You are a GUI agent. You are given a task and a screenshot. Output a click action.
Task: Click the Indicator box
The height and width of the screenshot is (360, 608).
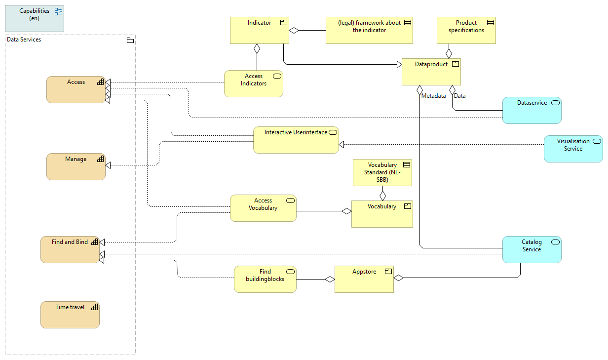(260, 31)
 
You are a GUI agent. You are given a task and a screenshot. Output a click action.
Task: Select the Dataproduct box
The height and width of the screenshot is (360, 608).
(431, 72)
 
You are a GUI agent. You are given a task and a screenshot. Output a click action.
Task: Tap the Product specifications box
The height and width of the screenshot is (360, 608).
(466, 31)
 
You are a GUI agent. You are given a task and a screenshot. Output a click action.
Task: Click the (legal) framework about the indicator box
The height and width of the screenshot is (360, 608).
(369, 31)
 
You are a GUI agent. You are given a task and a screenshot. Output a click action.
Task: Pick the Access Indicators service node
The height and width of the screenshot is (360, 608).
(253, 83)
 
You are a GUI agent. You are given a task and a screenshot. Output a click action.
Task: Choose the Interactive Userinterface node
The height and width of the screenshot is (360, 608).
(296, 140)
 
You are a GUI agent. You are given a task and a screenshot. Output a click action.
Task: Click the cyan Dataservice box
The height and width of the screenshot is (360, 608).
(532, 110)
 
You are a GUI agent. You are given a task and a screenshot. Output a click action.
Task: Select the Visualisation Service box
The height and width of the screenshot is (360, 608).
(573, 149)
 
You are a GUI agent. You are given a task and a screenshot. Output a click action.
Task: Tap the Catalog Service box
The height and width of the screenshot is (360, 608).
(532, 249)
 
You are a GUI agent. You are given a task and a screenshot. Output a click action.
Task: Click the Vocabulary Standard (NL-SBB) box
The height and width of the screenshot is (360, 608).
(382, 172)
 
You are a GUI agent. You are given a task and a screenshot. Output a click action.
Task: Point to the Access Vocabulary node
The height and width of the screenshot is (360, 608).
(263, 208)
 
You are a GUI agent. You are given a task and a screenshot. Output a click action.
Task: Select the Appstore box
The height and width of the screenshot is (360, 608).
(364, 279)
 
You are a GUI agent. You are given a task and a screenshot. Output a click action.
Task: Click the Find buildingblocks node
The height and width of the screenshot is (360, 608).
(265, 279)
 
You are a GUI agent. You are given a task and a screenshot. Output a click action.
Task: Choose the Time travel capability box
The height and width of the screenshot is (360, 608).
(70, 315)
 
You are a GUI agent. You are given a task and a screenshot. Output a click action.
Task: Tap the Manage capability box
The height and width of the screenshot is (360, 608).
(76, 166)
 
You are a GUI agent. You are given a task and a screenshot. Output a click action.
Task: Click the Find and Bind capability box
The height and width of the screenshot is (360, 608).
(70, 249)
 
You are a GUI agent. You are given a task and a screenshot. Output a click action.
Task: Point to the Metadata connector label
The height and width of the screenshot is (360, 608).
(433, 96)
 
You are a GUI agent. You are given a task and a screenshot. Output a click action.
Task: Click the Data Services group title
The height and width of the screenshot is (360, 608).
(24, 40)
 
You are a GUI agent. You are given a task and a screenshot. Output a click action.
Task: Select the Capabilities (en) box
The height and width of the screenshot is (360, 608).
(35, 19)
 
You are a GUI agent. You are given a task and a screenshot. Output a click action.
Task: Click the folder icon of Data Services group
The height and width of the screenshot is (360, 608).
(130, 40)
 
